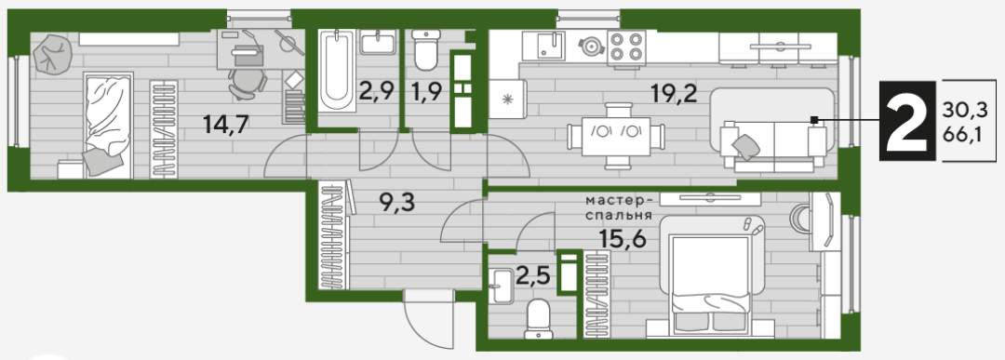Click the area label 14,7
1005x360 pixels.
coord(225,125)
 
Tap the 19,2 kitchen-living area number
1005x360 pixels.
coord(674,94)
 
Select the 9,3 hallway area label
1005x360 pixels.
coord(396,204)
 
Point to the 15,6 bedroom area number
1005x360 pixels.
coord(623,238)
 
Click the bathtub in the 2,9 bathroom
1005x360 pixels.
coord(334,72)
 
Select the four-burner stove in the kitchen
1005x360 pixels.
coord(625,47)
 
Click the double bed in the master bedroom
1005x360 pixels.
coord(709,283)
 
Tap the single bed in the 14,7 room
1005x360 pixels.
coord(107,124)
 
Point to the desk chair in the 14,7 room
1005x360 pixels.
coord(247,84)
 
